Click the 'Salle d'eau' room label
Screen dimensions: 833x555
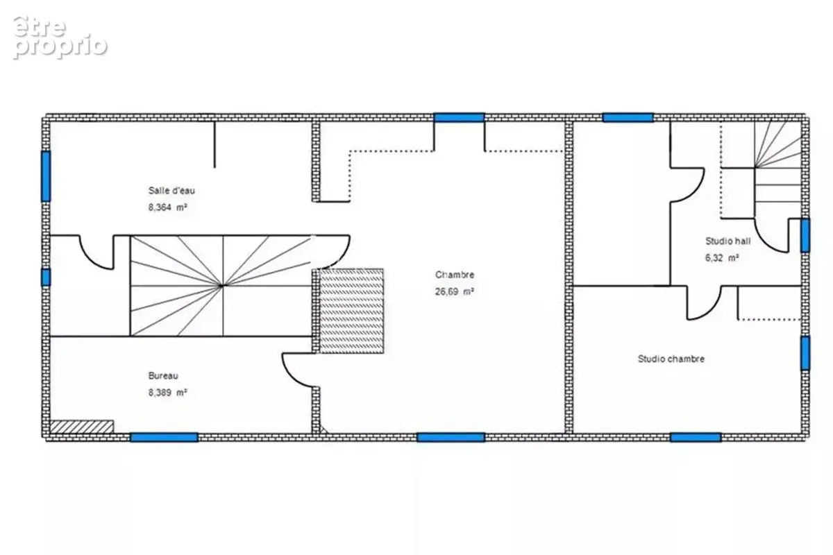point(171,191)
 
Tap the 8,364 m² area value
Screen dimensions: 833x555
point(168,207)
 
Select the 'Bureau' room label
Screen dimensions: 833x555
point(163,376)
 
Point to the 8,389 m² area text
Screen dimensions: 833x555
point(168,393)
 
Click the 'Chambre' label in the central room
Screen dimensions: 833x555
point(455,275)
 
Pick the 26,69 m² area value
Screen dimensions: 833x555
point(455,291)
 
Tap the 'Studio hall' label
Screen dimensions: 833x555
point(727,241)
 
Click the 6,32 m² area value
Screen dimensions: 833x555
point(722,257)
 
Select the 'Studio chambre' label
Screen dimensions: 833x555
point(671,359)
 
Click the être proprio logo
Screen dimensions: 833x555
point(60,37)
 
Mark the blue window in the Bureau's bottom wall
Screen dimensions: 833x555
point(164,437)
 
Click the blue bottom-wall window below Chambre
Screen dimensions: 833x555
point(451,437)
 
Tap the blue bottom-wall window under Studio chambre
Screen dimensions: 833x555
point(696,437)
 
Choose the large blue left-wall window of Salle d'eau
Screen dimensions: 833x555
point(46,176)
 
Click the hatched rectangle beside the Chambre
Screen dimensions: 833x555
point(351,311)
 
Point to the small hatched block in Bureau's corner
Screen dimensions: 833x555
point(82,427)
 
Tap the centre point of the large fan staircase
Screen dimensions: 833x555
point(222,286)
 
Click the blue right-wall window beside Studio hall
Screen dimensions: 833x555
point(805,235)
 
